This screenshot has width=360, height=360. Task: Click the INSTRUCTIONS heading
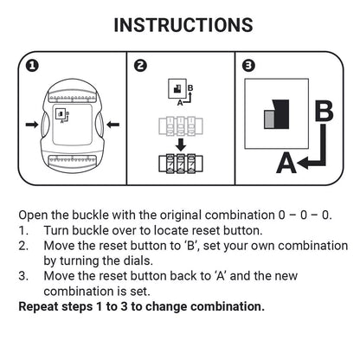point(183,25)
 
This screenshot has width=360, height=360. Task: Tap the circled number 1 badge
point(32,66)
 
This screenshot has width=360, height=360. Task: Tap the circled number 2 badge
point(140,66)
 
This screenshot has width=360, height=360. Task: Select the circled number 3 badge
point(248,66)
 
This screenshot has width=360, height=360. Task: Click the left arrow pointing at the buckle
point(32,125)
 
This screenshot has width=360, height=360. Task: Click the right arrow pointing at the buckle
point(113,125)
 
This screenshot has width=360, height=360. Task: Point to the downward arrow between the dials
point(181,145)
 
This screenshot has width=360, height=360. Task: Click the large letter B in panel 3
point(325,111)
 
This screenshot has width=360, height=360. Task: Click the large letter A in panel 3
point(286,163)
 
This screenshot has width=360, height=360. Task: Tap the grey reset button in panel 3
point(269,119)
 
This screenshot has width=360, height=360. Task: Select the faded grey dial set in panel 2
point(181,126)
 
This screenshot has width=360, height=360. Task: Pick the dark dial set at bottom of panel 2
point(181,164)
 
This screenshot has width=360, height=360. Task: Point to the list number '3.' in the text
point(23,276)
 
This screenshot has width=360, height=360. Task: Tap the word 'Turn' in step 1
point(56,230)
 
